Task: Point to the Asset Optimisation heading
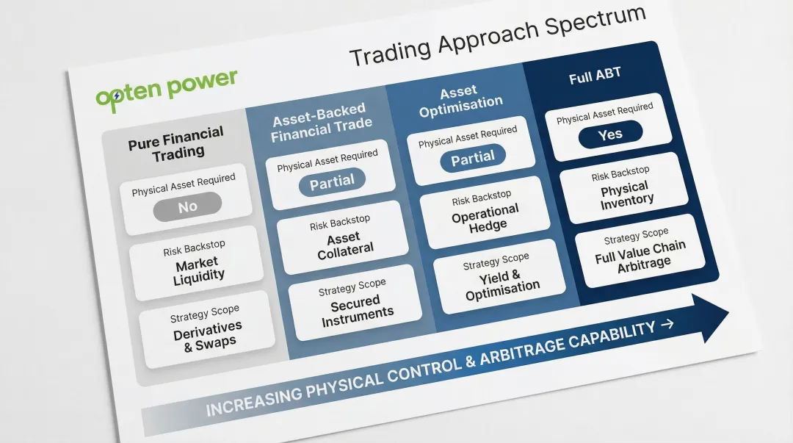(x=460, y=99)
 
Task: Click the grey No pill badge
(x=188, y=206)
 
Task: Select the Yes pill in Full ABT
(x=609, y=134)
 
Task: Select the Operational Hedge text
(x=485, y=218)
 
